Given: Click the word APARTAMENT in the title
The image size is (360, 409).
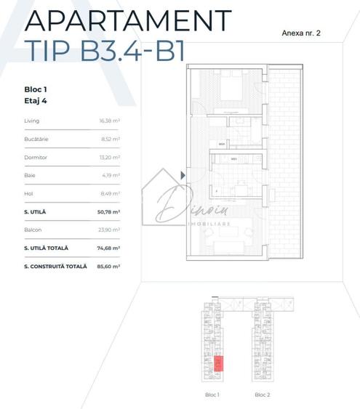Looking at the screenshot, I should click(128, 20).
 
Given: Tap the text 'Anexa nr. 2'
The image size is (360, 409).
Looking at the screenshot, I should click(301, 33).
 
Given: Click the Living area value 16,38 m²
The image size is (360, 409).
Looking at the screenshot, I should click(109, 121).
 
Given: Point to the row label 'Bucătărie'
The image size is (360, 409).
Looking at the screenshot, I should click(36, 139).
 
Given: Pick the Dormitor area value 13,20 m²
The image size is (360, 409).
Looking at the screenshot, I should click(109, 157).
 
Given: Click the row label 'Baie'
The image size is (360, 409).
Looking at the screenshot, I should click(30, 175).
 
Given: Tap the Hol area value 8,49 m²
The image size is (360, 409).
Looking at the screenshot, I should click(111, 193).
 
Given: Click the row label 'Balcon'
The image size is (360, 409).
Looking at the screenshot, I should click(33, 230).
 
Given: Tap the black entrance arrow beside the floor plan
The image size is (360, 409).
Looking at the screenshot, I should click(183, 175).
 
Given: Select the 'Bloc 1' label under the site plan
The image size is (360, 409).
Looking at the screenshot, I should click(212, 394).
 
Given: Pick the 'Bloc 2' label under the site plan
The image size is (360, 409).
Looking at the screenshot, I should click(263, 394).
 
